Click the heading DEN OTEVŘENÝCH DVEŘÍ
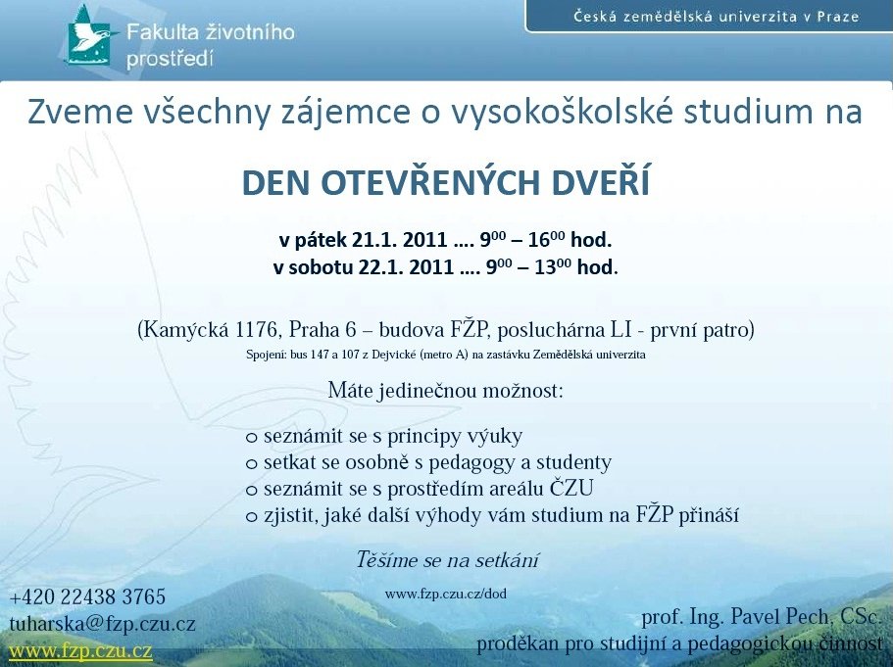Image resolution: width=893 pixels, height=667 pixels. [446, 182]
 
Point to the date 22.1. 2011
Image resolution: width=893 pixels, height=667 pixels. [406, 267]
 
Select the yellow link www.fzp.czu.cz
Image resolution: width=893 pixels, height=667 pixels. [81, 650]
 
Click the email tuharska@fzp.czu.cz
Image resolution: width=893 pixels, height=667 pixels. [103, 624]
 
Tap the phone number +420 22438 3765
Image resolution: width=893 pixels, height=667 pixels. [87, 597]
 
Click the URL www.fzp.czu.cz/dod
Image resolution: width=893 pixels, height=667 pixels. [446, 595]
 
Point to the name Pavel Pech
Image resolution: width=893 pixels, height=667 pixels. [779, 616]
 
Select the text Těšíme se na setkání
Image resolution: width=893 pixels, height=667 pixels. [448, 560]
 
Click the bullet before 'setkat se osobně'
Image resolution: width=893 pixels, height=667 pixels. [252, 464]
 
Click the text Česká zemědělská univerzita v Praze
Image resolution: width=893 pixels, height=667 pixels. [716, 16]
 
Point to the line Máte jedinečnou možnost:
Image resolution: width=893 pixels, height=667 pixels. [446, 391]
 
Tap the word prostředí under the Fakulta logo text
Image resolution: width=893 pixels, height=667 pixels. [170, 59]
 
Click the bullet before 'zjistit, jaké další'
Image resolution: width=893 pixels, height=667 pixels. [252, 517]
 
